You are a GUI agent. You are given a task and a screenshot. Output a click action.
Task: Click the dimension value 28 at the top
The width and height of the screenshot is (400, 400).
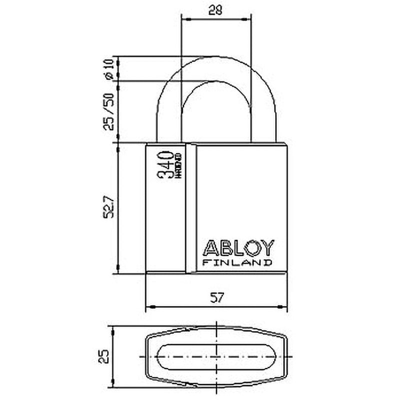click(215, 9)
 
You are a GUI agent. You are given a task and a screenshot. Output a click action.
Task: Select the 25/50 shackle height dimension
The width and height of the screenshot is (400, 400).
click(108, 111)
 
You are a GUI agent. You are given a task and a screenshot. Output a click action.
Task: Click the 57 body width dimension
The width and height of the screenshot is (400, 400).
click(216, 298)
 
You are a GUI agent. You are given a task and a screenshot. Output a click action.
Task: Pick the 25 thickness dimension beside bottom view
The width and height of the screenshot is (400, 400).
click(103, 356)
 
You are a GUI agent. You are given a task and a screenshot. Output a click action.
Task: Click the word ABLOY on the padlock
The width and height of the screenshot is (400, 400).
click(238, 248)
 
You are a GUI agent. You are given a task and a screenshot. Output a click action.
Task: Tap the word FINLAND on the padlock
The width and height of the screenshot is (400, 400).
click(238, 262)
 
